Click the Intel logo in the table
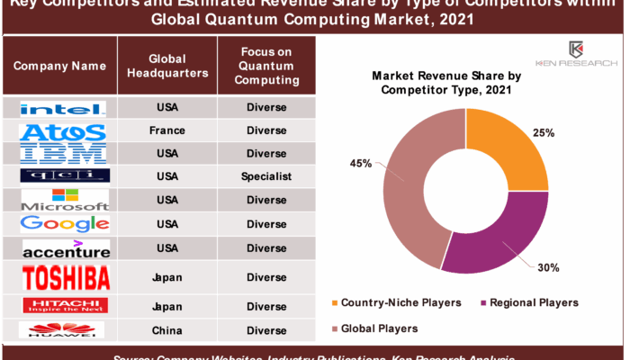[63, 108]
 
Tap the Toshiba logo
[66, 276]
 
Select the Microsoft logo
[66, 200]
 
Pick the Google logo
[65, 223]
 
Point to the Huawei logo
[66, 329]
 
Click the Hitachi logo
[66, 304]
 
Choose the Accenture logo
[66, 247]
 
